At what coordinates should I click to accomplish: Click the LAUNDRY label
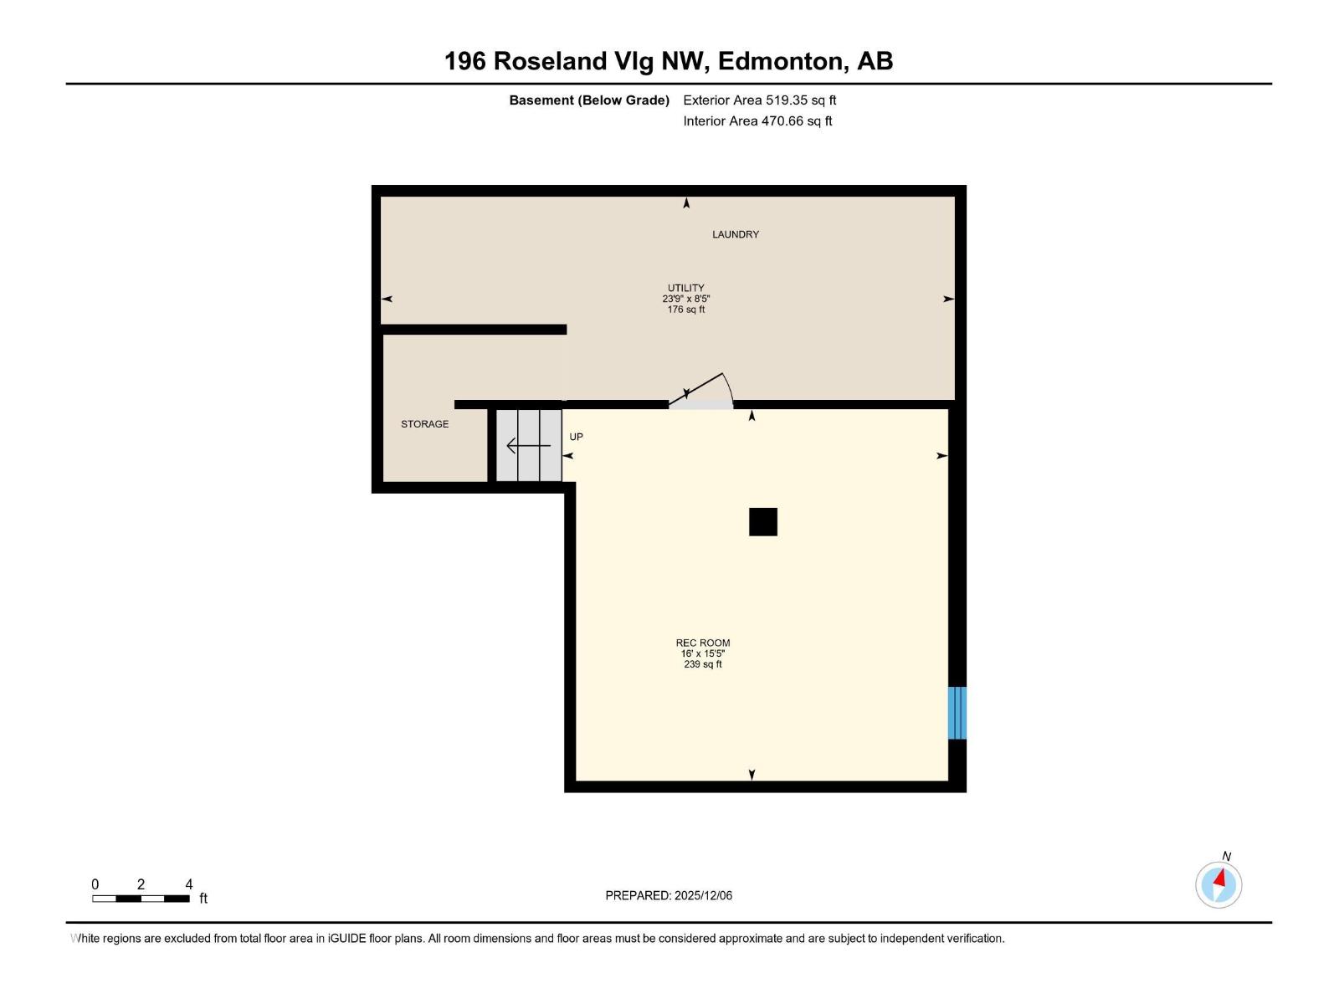pos(735,234)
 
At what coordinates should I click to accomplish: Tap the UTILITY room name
pos(685,288)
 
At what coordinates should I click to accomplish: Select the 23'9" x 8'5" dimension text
pos(685,299)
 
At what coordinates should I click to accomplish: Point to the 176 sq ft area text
pos(685,310)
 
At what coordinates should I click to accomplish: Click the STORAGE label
pos(424,424)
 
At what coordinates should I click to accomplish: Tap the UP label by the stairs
pos(576,437)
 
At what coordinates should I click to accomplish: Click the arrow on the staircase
pos(528,446)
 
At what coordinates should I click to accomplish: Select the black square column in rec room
pos(762,522)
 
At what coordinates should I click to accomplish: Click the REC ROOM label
pos(702,643)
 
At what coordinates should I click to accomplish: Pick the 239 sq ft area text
pos(702,664)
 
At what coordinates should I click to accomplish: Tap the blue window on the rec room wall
pos(957,713)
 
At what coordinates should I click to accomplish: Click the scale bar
pos(141,899)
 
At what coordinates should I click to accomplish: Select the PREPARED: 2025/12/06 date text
pos(669,895)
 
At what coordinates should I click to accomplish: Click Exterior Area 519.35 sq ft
pos(759,100)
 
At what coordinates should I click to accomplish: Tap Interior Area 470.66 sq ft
pos(757,120)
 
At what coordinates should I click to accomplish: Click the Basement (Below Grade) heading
pos(589,100)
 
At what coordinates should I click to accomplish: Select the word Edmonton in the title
pos(780,61)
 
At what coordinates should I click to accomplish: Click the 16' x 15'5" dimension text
pos(702,653)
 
